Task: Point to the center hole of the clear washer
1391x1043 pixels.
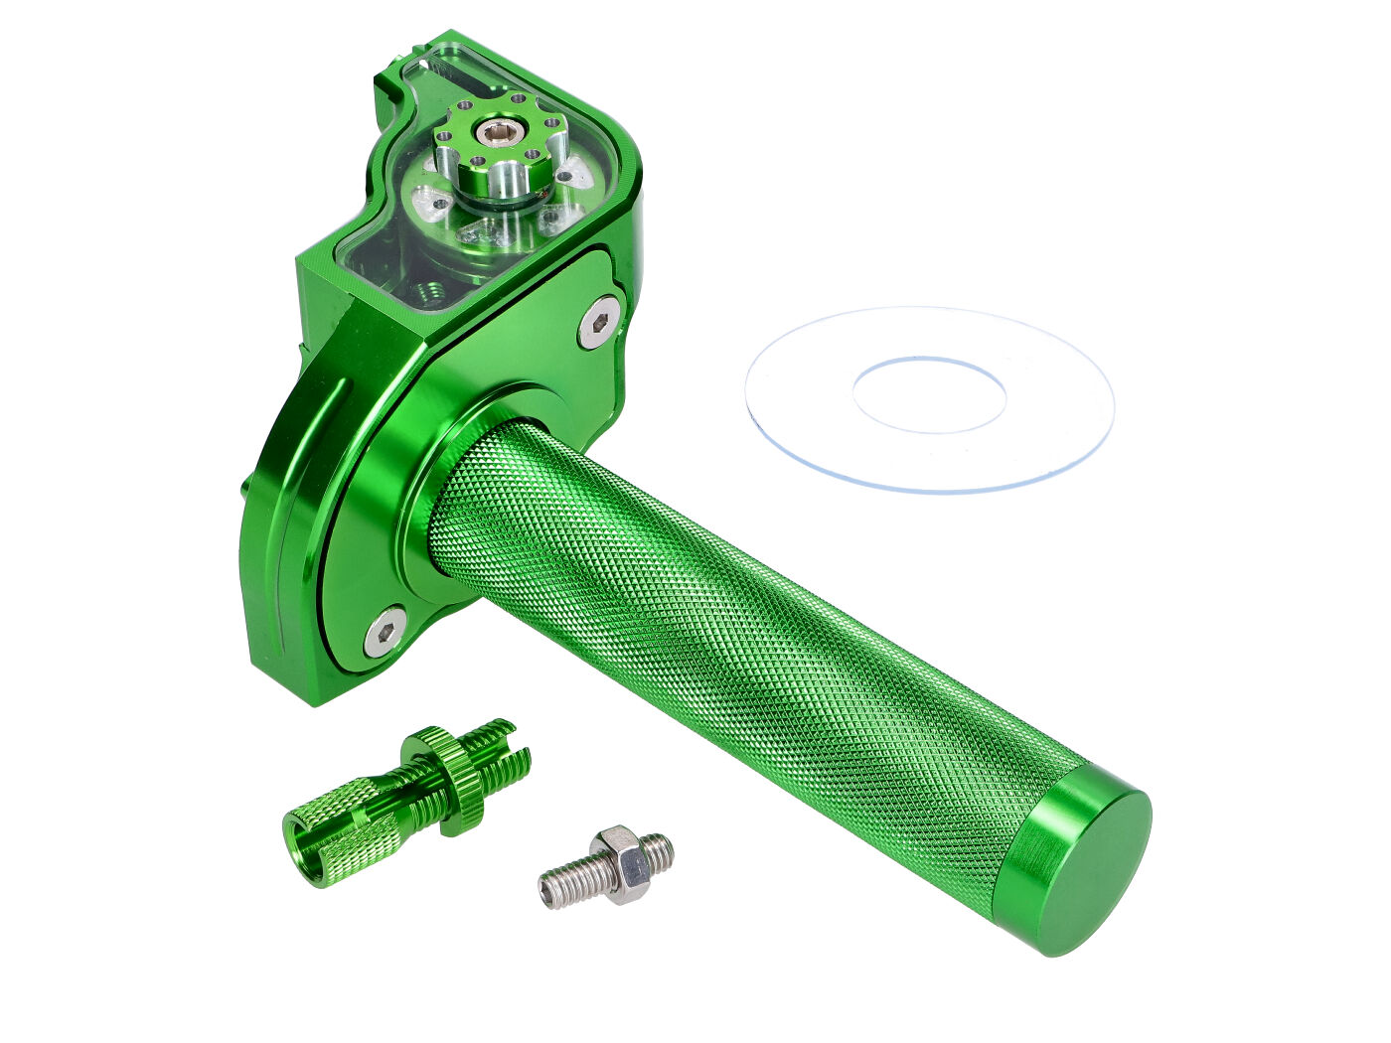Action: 929,395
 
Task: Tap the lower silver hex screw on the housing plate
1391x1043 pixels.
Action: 383,629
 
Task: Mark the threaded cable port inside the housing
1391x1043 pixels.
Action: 429,291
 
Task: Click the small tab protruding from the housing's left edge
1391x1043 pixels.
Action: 245,487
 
